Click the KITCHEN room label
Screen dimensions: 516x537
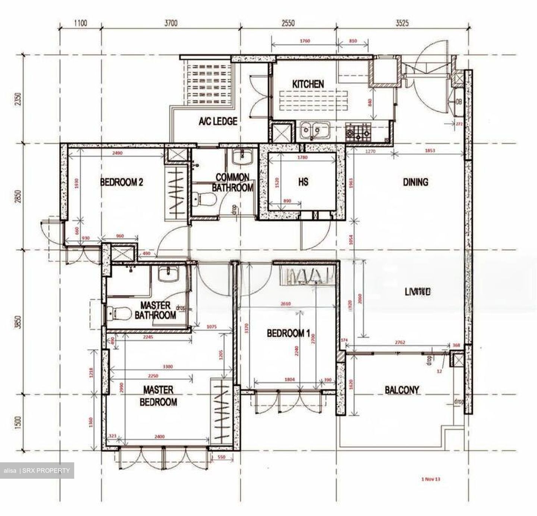[308, 84]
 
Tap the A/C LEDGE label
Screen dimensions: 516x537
[218, 121]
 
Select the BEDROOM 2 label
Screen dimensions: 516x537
[122, 182]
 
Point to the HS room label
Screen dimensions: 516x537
[303, 182]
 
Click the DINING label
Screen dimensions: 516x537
[415, 182]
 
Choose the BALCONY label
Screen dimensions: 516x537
[402, 390]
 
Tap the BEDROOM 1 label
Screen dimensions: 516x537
[288, 333]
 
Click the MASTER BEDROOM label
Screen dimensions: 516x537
[158, 396]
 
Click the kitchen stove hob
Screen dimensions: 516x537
[358, 132]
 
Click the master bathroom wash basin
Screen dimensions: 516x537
[169, 274]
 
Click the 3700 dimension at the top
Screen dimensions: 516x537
[170, 23]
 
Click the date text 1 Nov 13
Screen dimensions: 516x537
[431, 479]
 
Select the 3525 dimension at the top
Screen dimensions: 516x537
[402, 23]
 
